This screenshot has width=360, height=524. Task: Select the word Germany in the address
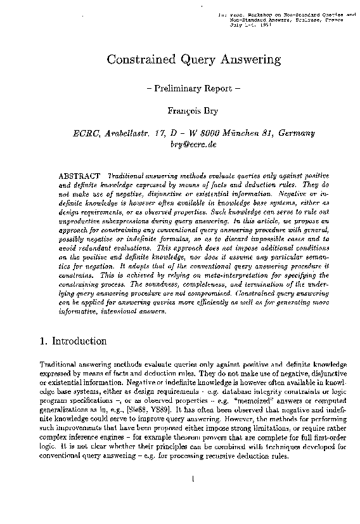point(293,133)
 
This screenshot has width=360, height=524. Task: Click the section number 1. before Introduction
point(43,341)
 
